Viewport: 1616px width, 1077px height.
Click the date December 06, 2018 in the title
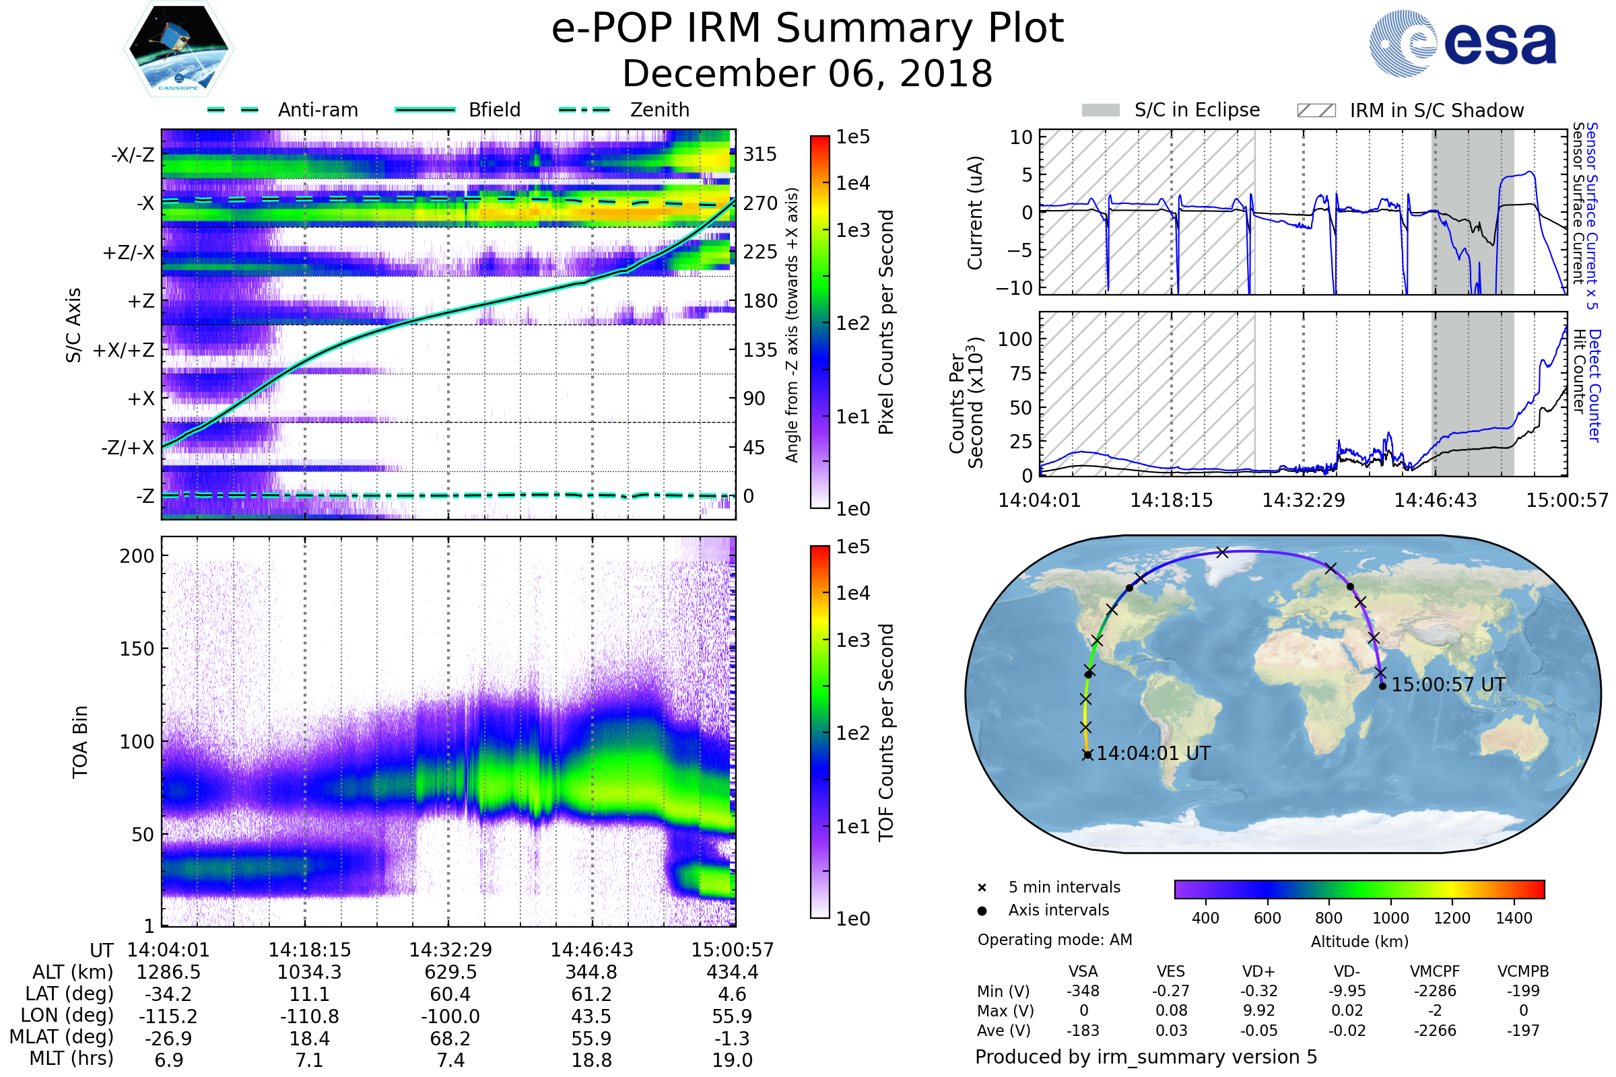[807, 74]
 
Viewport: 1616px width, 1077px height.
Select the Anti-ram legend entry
[317, 110]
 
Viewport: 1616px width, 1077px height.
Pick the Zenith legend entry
[659, 110]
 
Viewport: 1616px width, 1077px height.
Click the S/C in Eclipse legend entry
[1197, 110]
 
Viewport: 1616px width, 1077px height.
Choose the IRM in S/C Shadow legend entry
[1436, 110]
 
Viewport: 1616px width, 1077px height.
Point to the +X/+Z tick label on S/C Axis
[124, 350]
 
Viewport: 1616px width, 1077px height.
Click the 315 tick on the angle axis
[760, 154]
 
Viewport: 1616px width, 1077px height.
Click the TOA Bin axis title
[80, 741]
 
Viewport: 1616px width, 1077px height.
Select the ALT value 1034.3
[309, 972]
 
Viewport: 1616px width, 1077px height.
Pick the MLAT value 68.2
[450, 1038]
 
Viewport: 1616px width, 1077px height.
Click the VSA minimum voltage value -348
[1083, 991]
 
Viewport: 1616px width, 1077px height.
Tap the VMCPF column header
[1435, 971]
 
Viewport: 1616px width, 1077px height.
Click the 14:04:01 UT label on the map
[1153, 753]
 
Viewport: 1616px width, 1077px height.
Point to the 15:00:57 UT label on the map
[1448, 685]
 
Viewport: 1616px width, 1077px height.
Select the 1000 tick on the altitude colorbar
[1390, 918]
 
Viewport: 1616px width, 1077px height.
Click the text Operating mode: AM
[1054, 940]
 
